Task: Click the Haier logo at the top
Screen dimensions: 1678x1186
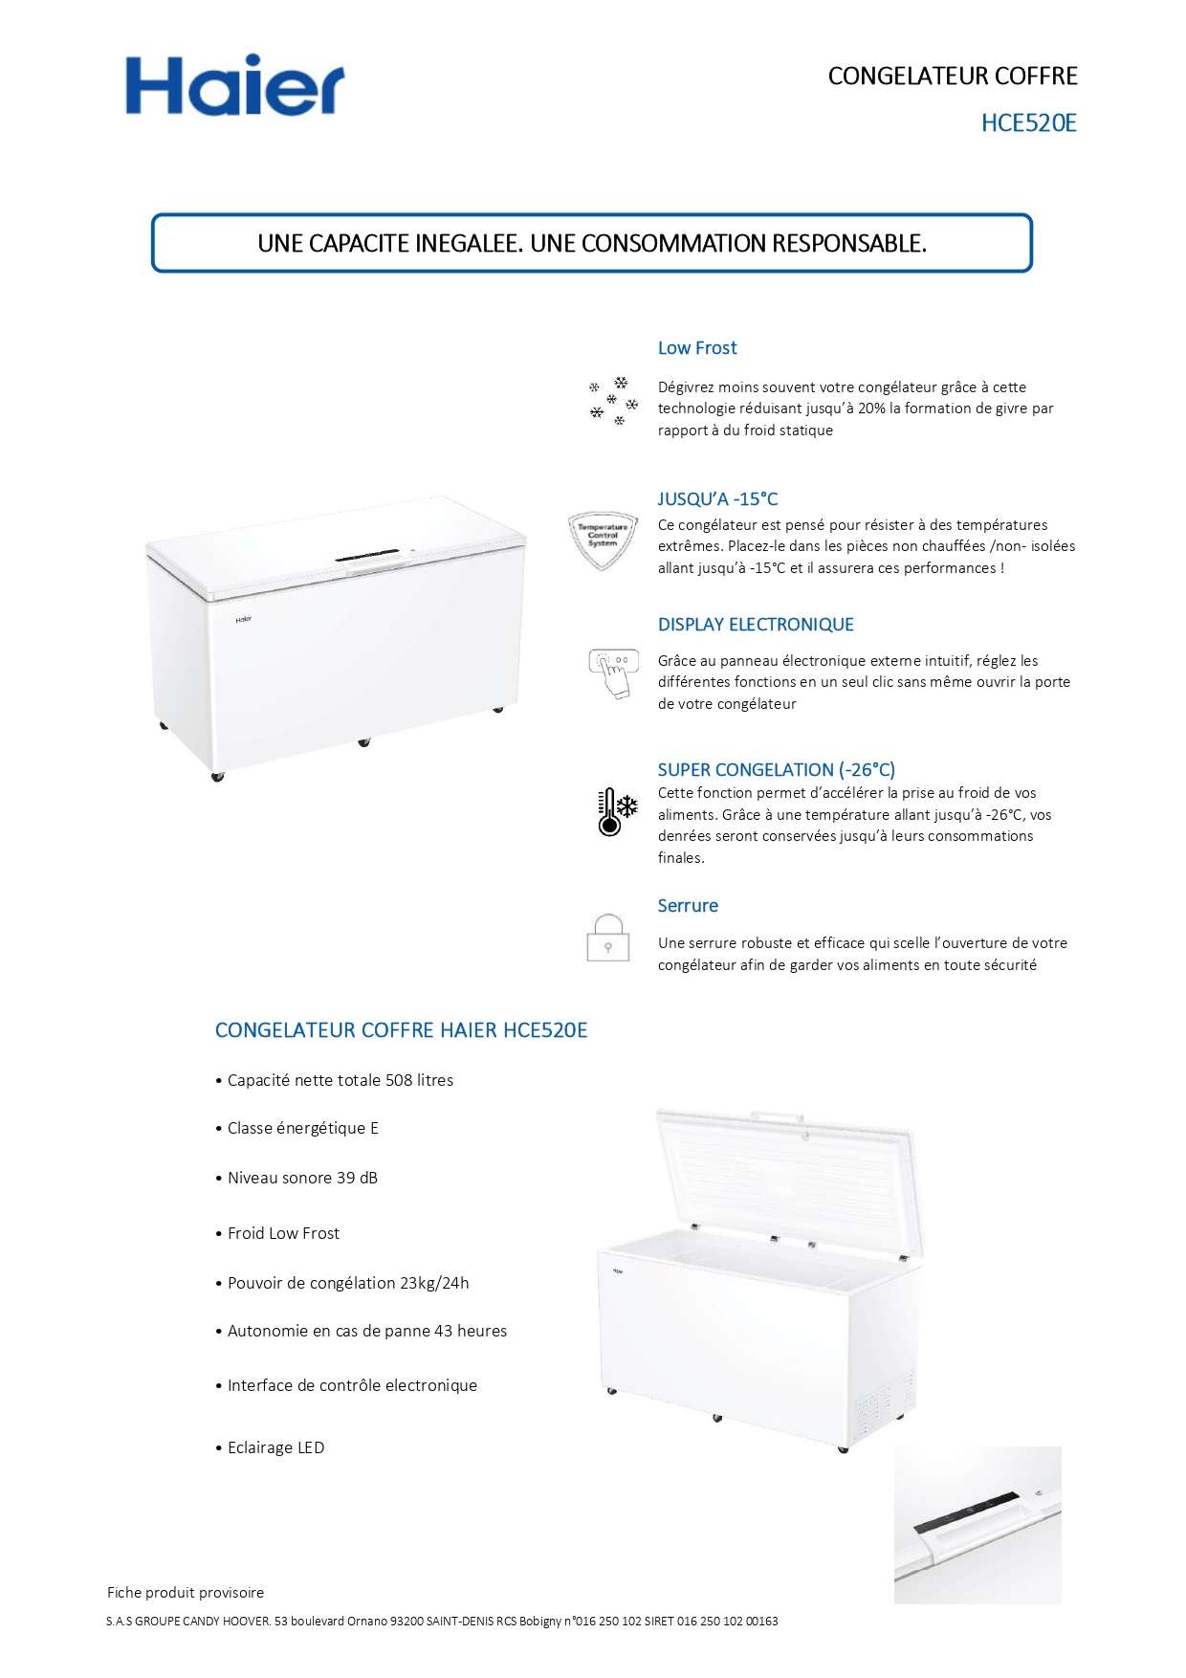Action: (x=234, y=86)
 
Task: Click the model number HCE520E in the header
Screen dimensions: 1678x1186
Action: (x=1028, y=123)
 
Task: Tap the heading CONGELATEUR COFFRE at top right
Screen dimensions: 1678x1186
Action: (x=952, y=77)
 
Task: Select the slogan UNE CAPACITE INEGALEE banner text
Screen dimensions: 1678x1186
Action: (x=592, y=244)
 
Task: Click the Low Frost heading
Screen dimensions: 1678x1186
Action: (x=696, y=348)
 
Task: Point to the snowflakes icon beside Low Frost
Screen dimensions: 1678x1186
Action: (x=612, y=401)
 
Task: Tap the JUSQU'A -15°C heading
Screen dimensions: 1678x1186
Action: (x=717, y=499)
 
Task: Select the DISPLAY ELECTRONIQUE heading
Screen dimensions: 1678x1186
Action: (x=756, y=625)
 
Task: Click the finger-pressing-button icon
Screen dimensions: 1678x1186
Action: (x=612, y=673)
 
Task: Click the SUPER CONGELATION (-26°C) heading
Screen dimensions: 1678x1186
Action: (x=776, y=770)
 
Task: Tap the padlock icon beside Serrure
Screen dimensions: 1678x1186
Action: (x=607, y=938)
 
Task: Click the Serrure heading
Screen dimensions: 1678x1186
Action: (x=687, y=906)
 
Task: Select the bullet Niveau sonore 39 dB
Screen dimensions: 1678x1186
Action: (x=302, y=1178)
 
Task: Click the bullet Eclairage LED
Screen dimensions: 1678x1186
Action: (x=275, y=1447)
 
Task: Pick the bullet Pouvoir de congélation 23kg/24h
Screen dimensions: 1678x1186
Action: (x=348, y=1283)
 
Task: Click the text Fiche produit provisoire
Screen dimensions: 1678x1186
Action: (x=186, y=1593)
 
